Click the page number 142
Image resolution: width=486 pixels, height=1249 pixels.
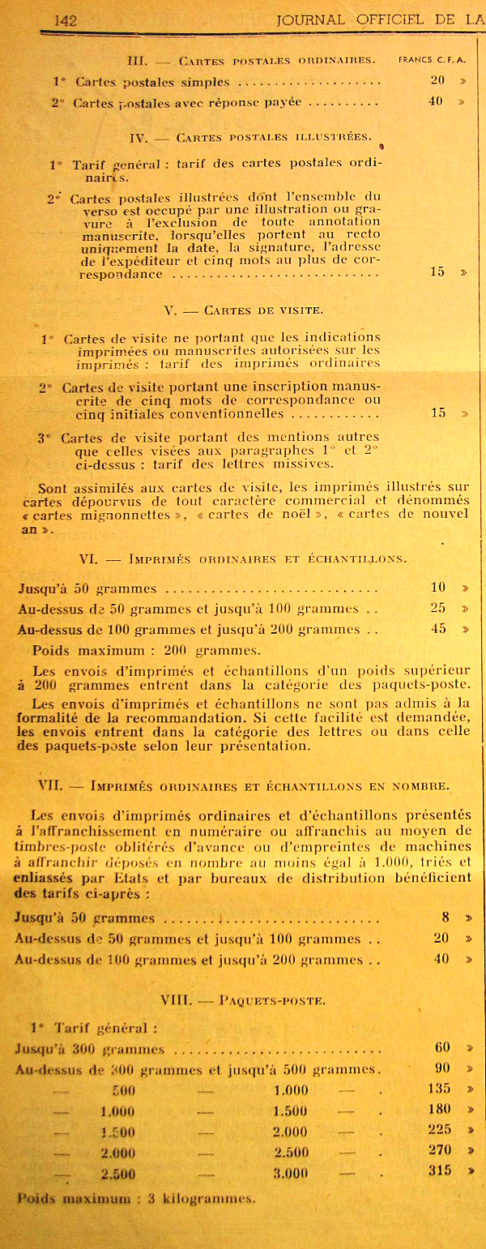[x=65, y=20]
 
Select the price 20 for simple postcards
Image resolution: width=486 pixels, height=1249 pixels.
[x=437, y=81]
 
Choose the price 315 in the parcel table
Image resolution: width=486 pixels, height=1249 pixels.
[x=438, y=1170]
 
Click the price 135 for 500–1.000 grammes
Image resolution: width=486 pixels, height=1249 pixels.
[x=438, y=1088]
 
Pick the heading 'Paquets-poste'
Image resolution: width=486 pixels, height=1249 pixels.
[x=273, y=1000]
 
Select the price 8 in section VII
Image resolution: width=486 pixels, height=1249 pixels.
[x=446, y=918]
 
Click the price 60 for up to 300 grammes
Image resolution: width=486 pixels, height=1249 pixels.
[x=441, y=1047]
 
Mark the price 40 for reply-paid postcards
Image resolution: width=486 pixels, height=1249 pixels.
[x=437, y=102]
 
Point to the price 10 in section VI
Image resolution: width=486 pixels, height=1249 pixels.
[x=438, y=587]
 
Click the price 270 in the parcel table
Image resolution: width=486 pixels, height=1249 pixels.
[x=438, y=1149]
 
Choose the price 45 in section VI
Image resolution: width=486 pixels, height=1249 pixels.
[x=438, y=628]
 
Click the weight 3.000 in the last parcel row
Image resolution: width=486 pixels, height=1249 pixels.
[x=291, y=1172]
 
